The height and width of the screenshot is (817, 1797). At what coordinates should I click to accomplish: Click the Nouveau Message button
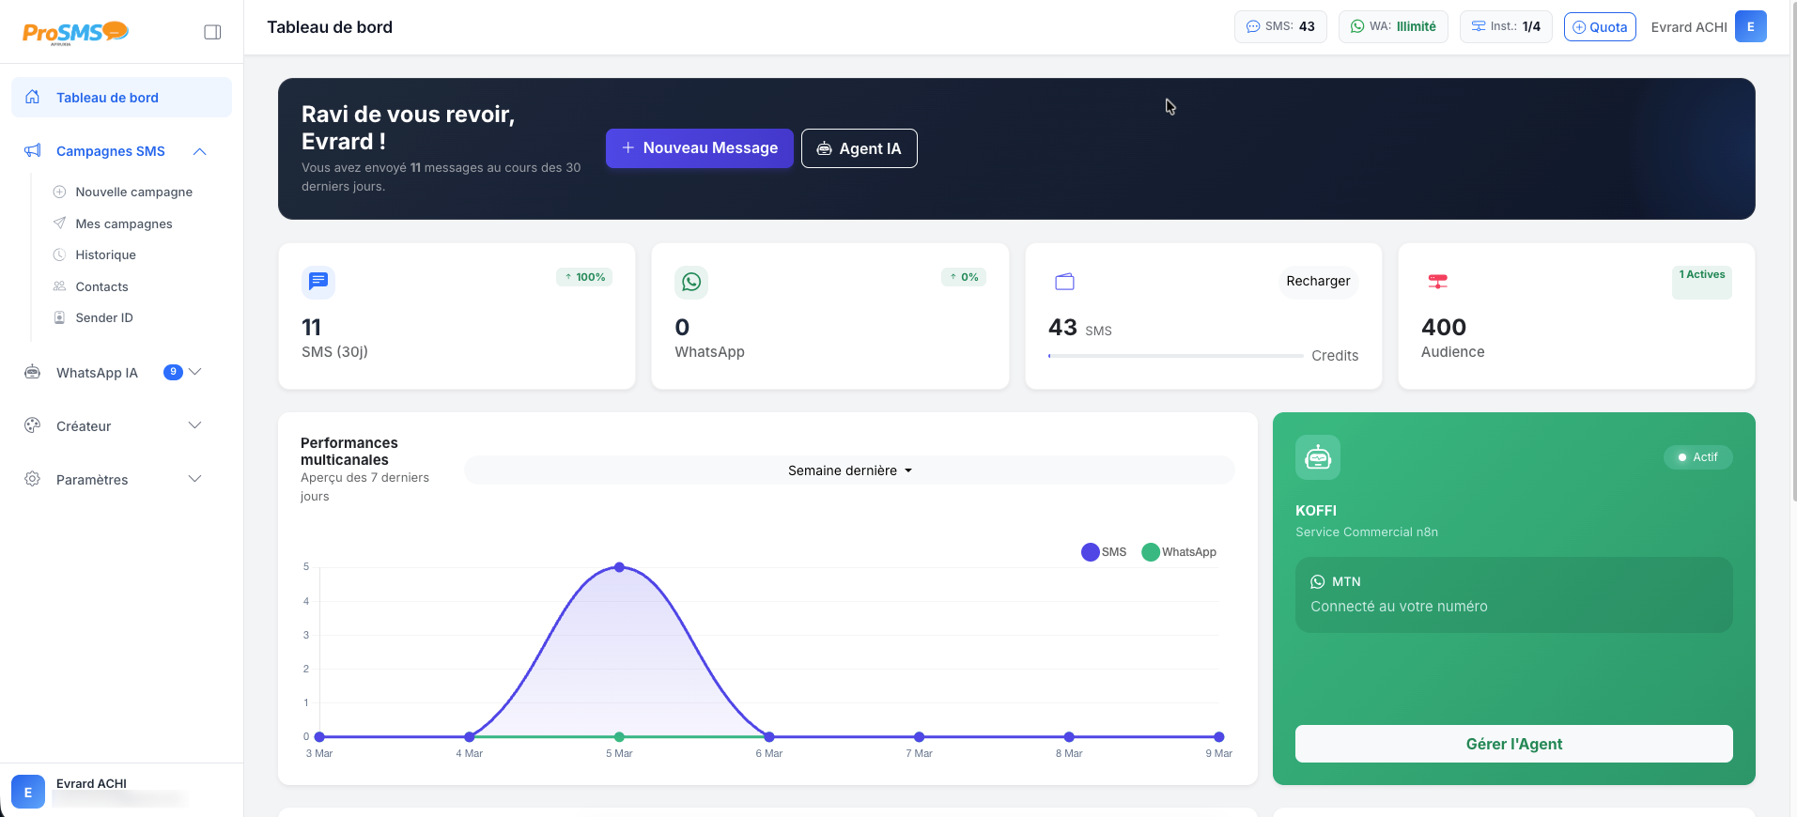(700, 148)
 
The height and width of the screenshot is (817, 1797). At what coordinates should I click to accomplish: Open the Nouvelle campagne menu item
(133, 192)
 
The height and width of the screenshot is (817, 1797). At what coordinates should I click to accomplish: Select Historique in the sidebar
(105, 254)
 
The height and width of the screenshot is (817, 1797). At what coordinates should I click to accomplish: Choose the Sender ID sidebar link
(103, 317)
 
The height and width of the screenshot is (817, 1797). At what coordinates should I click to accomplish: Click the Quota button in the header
(1600, 27)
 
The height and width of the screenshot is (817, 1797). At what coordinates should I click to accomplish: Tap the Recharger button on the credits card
(1318, 281)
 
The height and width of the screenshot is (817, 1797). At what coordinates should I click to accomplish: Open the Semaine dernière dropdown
(849, 470)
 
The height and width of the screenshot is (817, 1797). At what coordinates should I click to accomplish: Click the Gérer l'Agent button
(1513, 744)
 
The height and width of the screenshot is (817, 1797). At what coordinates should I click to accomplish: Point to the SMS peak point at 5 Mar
(619, 567)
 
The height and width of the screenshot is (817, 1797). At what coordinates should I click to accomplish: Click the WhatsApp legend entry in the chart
(1180, 552)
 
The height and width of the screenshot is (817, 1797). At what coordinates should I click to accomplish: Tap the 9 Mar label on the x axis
(1218, 753)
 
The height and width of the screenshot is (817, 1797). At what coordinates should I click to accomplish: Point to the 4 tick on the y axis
(306, 601)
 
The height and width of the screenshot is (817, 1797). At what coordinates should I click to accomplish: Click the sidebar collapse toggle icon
(212, 32)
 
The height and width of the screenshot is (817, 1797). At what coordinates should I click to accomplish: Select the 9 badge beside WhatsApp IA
(173, 372)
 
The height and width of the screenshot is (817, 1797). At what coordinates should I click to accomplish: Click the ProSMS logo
(75, 33)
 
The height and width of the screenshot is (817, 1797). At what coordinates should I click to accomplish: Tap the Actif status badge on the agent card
(1697, 457)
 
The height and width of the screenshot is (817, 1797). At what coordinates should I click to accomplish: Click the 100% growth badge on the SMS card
(584, 277)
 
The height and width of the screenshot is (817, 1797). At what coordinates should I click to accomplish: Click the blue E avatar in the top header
(1750, 26)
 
